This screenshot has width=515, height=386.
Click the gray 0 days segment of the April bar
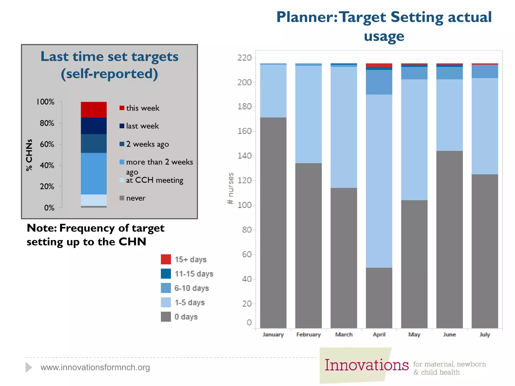coord(379,298)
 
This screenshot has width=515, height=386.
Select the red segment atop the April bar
coord(379,65)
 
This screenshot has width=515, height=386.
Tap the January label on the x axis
coord(273,334)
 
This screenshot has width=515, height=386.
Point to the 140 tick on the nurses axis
coord(244,156)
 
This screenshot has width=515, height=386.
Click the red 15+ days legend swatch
coord(166,259)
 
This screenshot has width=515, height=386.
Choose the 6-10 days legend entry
coord(191,288)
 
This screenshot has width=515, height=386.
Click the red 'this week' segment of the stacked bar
coord(94,110)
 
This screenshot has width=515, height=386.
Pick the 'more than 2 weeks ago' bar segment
coord(94,173)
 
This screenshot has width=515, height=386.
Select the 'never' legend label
coord(136,198)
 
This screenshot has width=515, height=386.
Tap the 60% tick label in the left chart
coord(47,144)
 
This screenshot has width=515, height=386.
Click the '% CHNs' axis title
coord(29,155)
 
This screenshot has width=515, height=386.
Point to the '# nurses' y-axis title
coord(230,188)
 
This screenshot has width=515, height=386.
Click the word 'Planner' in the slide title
coord(306,17)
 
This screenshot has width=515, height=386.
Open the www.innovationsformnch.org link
coord(95,367)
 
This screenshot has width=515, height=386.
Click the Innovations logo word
coord(366,365)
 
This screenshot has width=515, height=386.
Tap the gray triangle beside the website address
coord(29,367)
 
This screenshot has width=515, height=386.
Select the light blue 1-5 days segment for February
coord(308,114)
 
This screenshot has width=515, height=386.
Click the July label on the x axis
coord(485,334)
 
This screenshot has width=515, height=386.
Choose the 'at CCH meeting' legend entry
coord(154,180)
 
